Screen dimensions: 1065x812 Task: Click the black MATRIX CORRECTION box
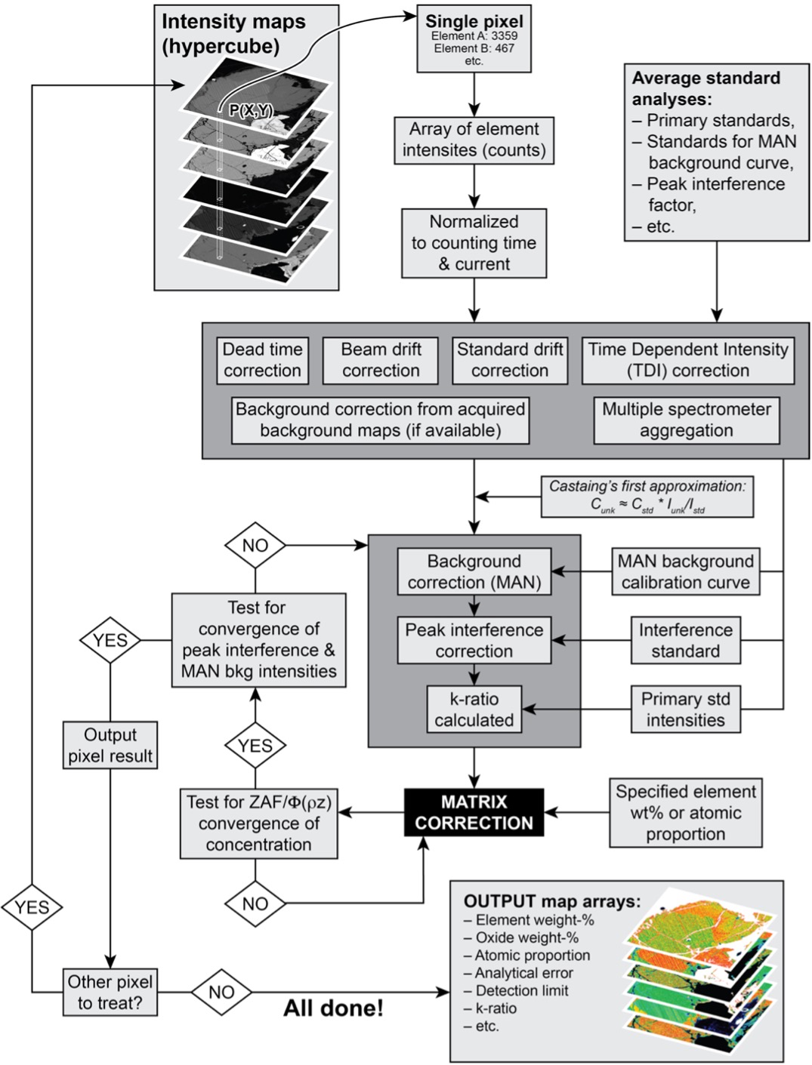[x=474, y=813]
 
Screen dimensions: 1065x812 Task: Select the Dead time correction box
[x=262, y=360]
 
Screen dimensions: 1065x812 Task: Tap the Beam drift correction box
[x=380, y=360]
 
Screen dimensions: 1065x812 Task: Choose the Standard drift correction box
[x=510, y=360]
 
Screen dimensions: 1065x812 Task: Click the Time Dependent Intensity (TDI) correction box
[x=687, y=360]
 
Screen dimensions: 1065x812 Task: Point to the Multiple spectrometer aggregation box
[x=686, y=420]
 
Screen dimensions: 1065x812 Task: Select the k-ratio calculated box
[x=474, y=709]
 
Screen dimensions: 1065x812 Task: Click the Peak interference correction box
[x=474, y=641]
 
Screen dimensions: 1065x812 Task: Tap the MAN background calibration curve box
[x=685, y=572]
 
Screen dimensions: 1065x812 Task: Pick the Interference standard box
[x=685, y=641]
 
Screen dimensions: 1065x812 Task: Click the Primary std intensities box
[x=685, y=709]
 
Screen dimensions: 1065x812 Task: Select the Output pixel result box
[x=110, y=746]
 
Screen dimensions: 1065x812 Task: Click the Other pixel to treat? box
[x=110, y=993]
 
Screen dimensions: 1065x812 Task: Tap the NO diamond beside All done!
[x=221, y=993]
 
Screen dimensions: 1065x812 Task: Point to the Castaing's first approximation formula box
[x=647, y=497]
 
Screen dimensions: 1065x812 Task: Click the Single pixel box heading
[x=474, y=22]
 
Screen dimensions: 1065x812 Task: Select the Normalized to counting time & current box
[x=474, y=243]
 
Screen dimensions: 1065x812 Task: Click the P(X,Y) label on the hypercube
[x=251, y=111]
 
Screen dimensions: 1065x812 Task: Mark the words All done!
[x=333, y=1008]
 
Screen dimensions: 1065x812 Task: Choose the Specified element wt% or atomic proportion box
[x=685, y=813]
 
